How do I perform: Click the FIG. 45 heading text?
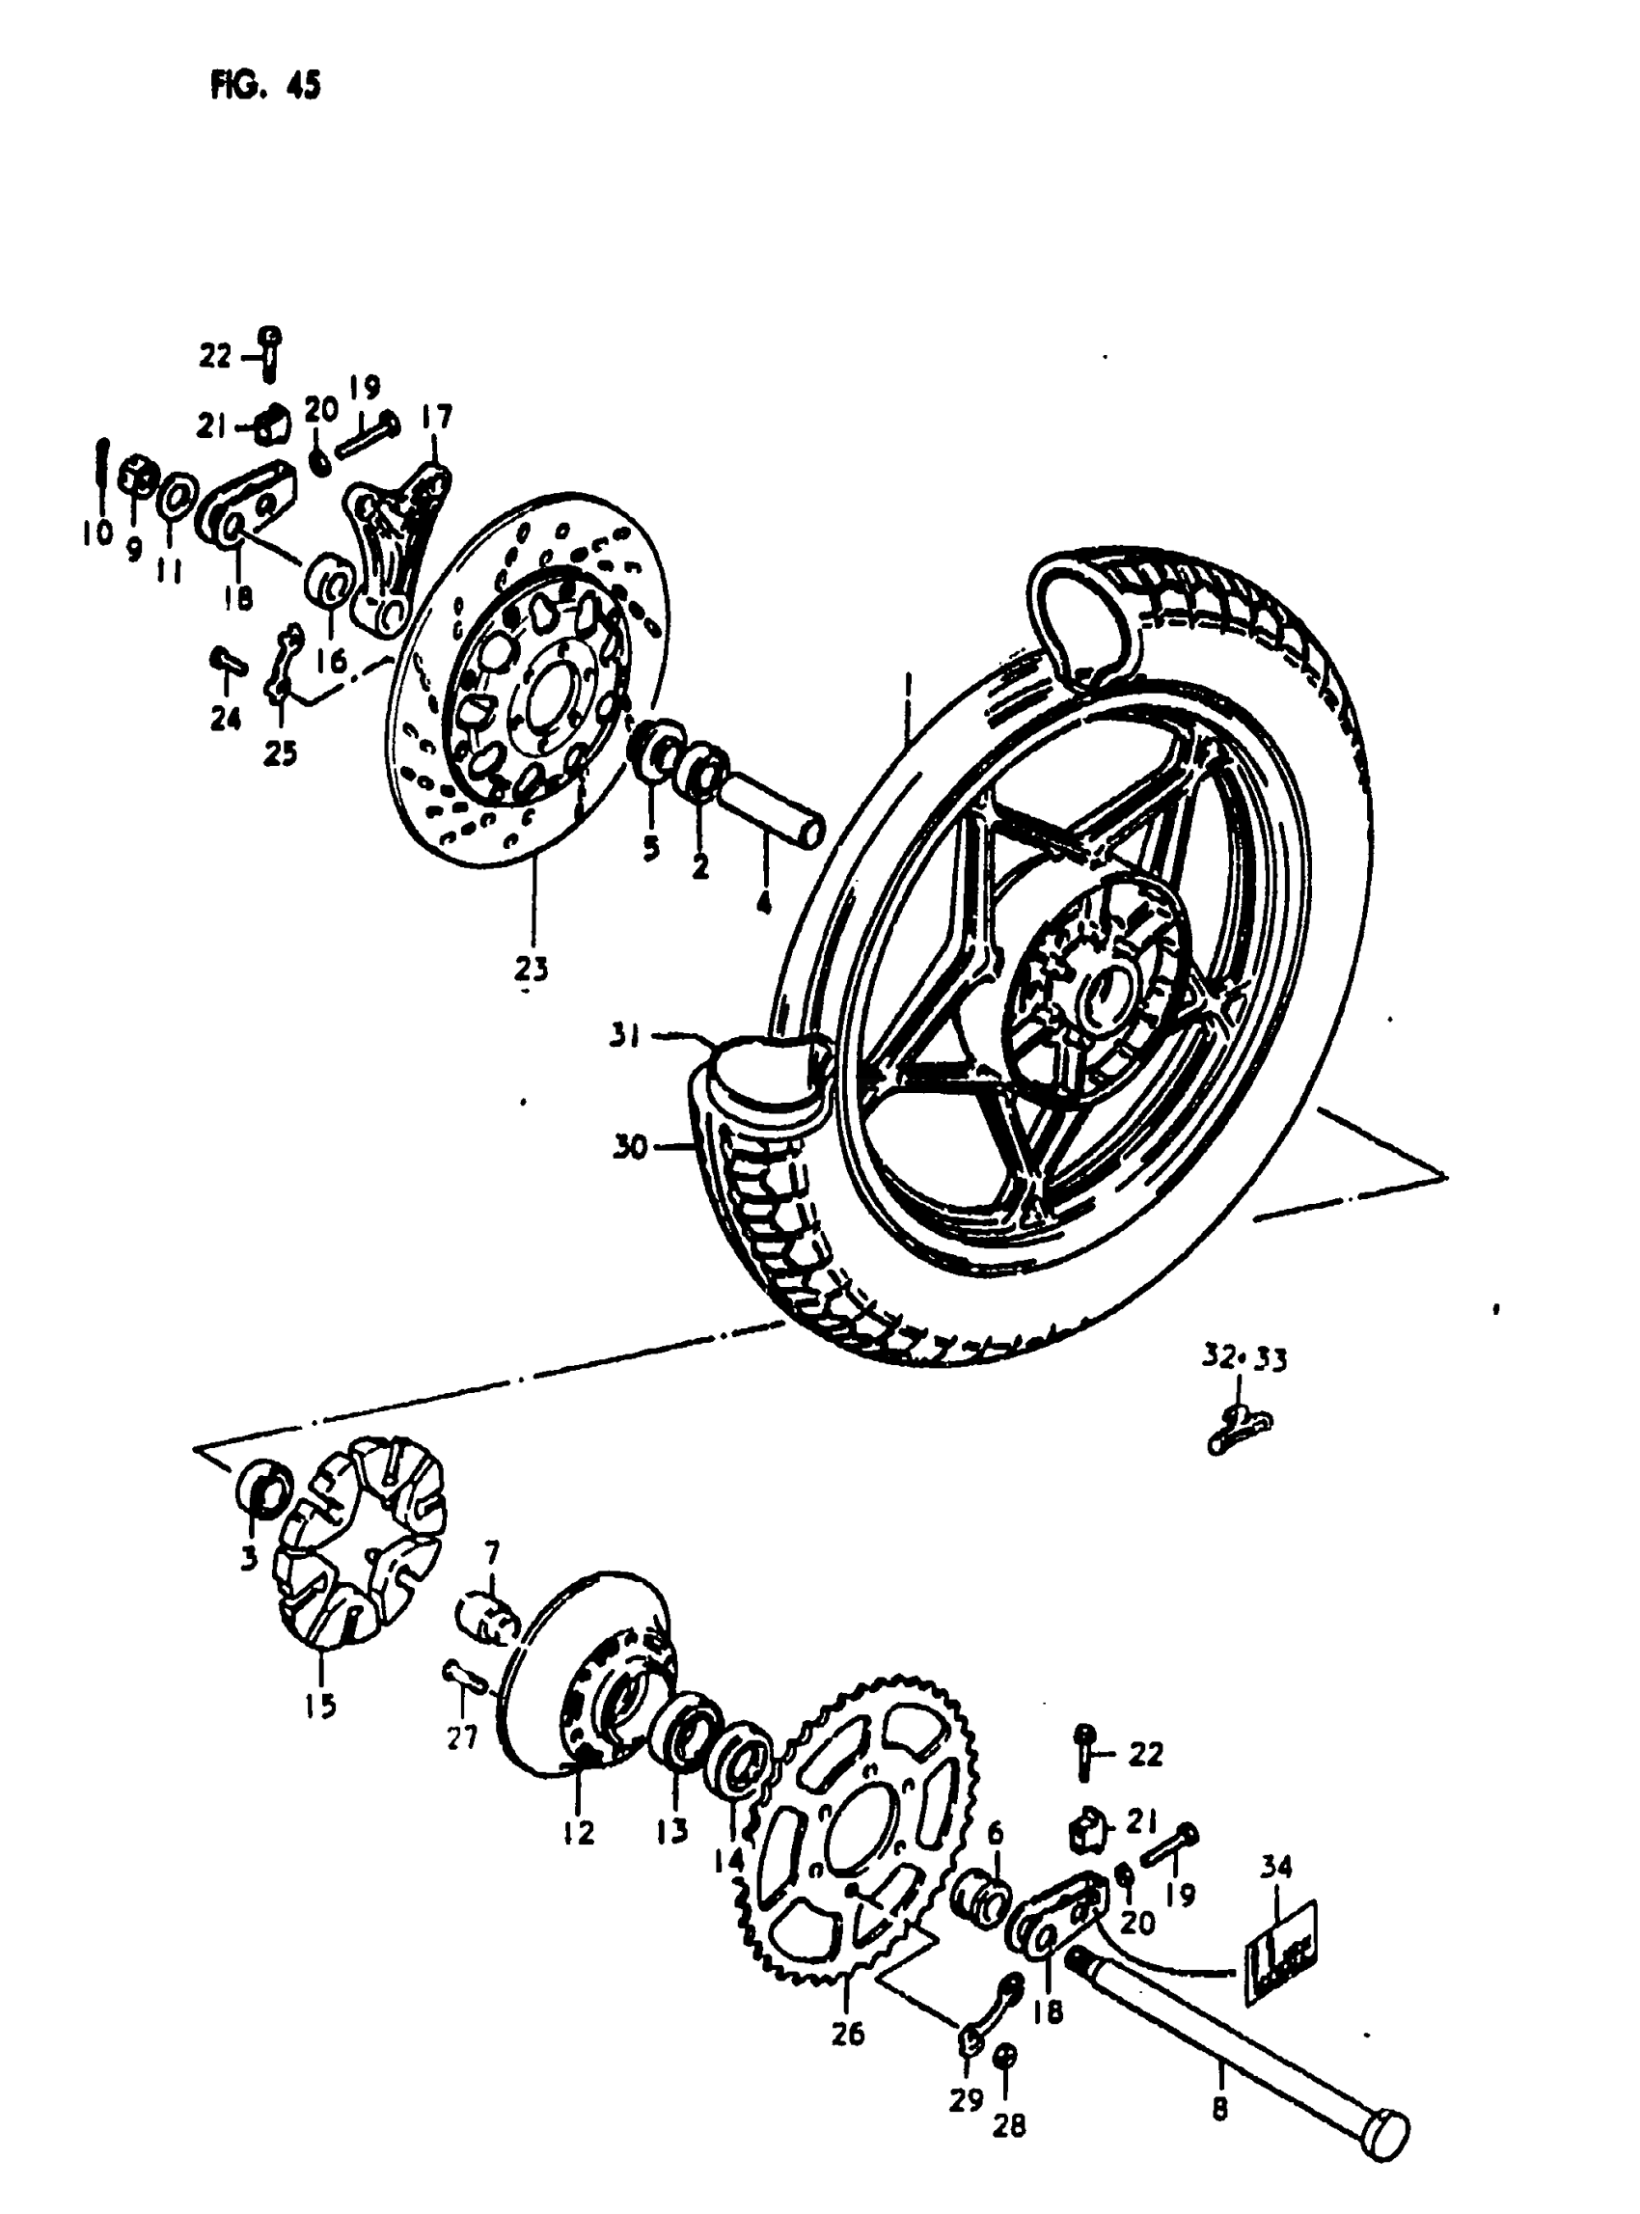[x=265, y=87]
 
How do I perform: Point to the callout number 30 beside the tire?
[x=630, y=1149]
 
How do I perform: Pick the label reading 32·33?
[x=1244, y=1358]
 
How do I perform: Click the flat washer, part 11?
[x=172, y=497]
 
